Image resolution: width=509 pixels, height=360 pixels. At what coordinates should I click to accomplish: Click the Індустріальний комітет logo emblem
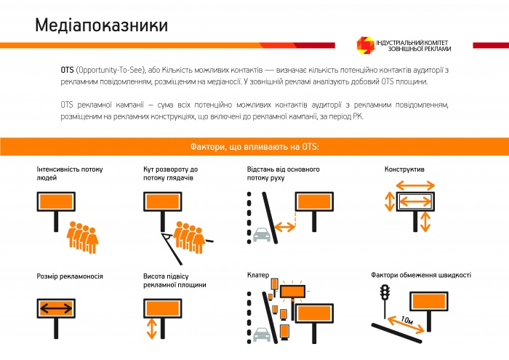coord(364,45)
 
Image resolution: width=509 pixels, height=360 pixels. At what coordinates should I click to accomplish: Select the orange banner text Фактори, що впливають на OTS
coord(254,146)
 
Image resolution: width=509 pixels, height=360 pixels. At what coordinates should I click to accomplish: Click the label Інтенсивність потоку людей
coord(69,173)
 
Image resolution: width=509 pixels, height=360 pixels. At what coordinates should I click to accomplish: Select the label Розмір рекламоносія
coord(70,276)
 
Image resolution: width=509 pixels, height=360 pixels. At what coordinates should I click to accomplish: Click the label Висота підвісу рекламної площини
coord(175,281)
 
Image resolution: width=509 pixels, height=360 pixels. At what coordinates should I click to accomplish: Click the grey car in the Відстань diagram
coord(261,233)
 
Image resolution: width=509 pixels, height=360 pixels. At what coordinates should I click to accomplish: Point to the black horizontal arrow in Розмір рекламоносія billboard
coord(55,308)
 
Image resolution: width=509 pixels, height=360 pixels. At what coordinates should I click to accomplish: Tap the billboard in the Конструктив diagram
coord(412,200)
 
